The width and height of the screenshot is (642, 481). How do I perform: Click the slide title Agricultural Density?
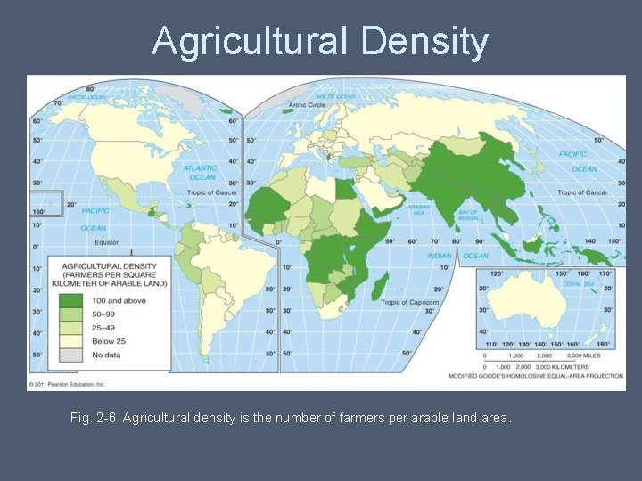click(320, 41)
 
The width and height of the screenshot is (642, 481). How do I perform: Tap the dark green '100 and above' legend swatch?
click(70, 301)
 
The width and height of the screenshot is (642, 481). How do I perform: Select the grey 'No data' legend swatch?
click(70, 355)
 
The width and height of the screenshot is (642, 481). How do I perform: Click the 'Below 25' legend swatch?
click(70, 341)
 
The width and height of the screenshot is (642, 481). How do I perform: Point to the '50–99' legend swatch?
click(70, 314)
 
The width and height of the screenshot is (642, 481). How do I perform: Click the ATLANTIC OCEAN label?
click(201, 172)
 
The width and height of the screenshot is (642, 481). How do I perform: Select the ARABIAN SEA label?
click(419, 209)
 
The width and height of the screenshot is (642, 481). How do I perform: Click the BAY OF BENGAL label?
click(468, 214)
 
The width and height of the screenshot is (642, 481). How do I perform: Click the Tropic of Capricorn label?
click(410, 303)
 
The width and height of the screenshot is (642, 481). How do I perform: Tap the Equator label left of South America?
click(107, 241)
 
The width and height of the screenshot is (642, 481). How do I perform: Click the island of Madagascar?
click(381, 287)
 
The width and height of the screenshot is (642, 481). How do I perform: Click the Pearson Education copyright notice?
click(68, 385)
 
